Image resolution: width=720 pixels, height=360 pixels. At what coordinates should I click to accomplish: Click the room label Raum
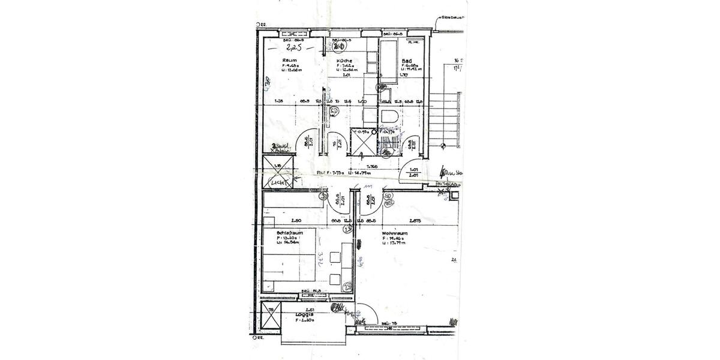pos(289,61)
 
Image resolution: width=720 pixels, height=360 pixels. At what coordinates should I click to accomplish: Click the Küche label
pos(344,61)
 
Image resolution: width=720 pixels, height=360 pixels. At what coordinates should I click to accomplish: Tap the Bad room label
pos(406,61)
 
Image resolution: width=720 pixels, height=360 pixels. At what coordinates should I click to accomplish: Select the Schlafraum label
pos(289,233)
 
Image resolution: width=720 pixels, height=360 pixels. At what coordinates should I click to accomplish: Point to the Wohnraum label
pos(395,233)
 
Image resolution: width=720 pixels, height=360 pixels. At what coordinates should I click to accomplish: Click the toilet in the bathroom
pos(388,117)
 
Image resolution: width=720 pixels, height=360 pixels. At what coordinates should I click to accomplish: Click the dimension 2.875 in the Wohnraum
pos(415,221)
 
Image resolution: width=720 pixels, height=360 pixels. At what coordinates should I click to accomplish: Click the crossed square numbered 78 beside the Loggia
pos(271,318)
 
